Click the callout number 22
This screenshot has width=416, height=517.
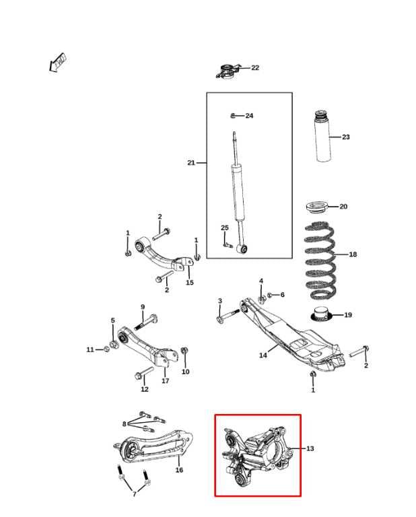point(255,68)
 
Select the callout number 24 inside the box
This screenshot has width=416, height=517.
point(249,116)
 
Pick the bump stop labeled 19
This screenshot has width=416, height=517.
point(322,314)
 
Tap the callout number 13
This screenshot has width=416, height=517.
point(310,448)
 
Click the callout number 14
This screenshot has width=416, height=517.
point(263,355)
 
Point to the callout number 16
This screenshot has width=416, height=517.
point(179,470)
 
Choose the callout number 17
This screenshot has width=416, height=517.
point(165,381)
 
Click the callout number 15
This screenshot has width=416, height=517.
point(190,283)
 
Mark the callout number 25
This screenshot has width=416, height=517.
point(225,228)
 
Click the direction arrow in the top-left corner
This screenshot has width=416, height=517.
point(57,63)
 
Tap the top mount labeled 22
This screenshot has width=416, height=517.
point(230,69)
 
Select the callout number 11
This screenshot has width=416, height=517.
point(90,349)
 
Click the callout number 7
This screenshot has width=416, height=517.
point(134,494)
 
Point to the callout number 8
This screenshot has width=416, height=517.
point(124,423)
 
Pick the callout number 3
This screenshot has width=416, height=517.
point(219,301)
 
